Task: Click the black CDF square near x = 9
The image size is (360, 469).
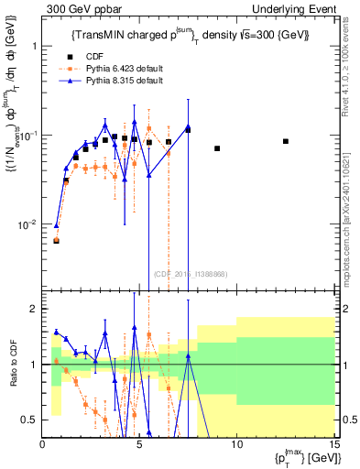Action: click(x=217, y=148)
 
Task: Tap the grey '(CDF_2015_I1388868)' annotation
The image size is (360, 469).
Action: click(x=191, y=274)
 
